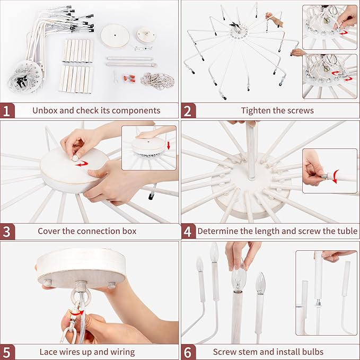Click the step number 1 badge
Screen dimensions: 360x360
(x=7, y=110)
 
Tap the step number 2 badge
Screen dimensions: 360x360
(x=188, y=110)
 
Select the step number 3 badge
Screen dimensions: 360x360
(x=7, y=231)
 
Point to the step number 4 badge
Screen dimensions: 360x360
(x=188, y=231)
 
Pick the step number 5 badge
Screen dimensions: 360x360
(x=7, y=352)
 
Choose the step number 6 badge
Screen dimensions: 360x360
(x=188, y=352)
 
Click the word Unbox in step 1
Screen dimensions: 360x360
(x=45, y=110)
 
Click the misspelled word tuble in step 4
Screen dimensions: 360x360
(x=347, y=231)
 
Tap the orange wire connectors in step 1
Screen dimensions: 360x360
(x=129, y=78)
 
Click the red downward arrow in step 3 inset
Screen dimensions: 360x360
(x=169, y=145)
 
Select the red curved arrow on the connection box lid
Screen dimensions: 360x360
(x=82, y=164)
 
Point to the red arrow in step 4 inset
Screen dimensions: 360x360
(x=336, y=177)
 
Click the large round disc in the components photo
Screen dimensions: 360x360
(x=115, y=36)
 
